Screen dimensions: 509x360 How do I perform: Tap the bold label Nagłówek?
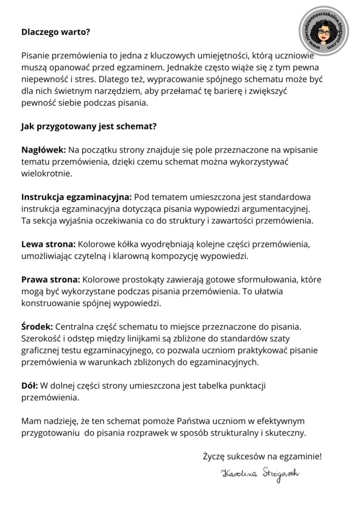pyautogui.click(x=44, y=150)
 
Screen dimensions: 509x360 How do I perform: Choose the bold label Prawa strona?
pyautogui.click(x=51, y=279)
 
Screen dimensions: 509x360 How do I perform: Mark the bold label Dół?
pyautogui.click(x=30, y=385)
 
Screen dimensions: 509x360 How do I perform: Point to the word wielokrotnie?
pyautogui.click(x=47, y=173)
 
